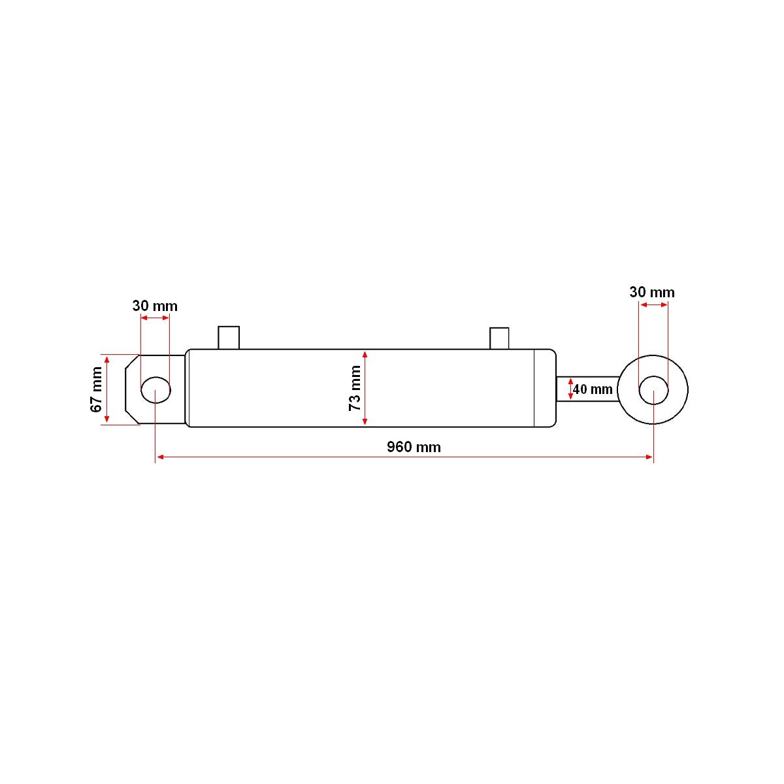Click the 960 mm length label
click(414, 447)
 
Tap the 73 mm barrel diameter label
click(355, 388)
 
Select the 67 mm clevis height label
click(97, 389)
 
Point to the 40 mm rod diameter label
click(593, 389)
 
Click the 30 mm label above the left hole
click(155, 306)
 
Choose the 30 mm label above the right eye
click(652, 292)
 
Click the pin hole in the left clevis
click(156, 390)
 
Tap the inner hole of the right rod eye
click(653, 390)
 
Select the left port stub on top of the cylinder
click(229, 338)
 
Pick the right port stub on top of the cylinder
click(499, 338)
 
